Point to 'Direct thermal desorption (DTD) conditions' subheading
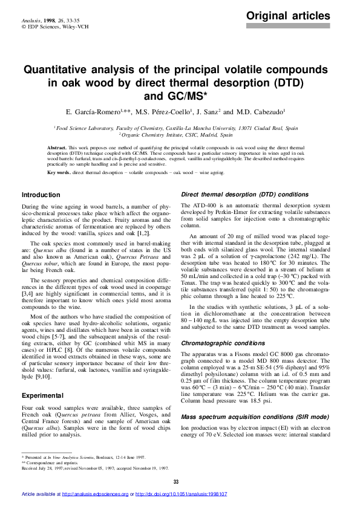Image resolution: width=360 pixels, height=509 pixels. [245, 195]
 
